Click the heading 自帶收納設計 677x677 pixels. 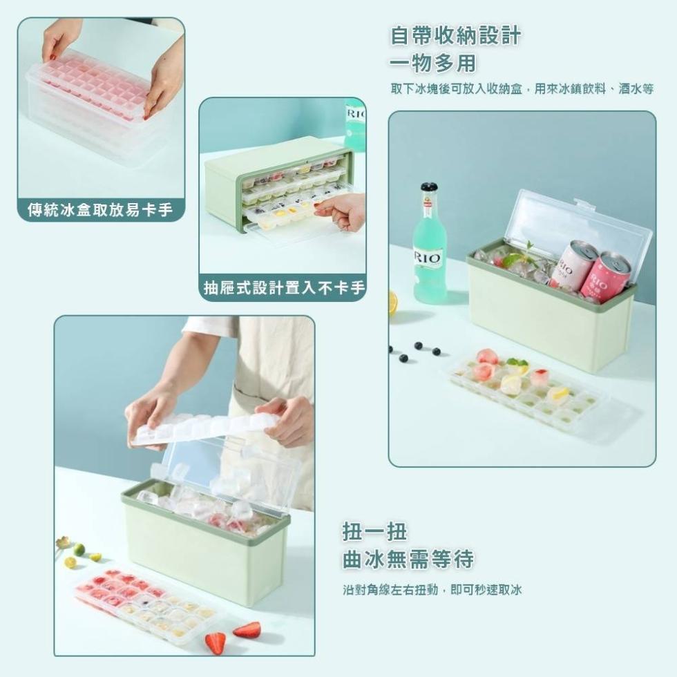(x=455, y=36)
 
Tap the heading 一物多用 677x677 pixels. (x=432, y=64)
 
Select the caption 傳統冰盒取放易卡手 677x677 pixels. (x=101, y=210)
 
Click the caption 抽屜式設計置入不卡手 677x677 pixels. (x=283, y=288)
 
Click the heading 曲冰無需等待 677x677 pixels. (x=408, y=560)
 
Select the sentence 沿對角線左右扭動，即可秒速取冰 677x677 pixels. (x=432, y=590)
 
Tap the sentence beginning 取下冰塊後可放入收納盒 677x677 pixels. (x=522, y=89)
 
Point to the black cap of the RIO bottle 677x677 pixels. (x=429, y=187)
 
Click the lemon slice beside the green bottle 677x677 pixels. (x=392, y=303)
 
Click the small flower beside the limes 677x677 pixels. (x=64, y=542)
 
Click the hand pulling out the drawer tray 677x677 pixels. (x=344, y=210)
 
